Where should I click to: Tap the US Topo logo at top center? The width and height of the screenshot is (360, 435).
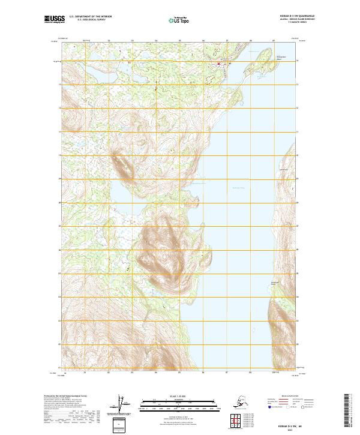(179, 20)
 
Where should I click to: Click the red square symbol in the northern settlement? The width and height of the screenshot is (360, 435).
(218, 64)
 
